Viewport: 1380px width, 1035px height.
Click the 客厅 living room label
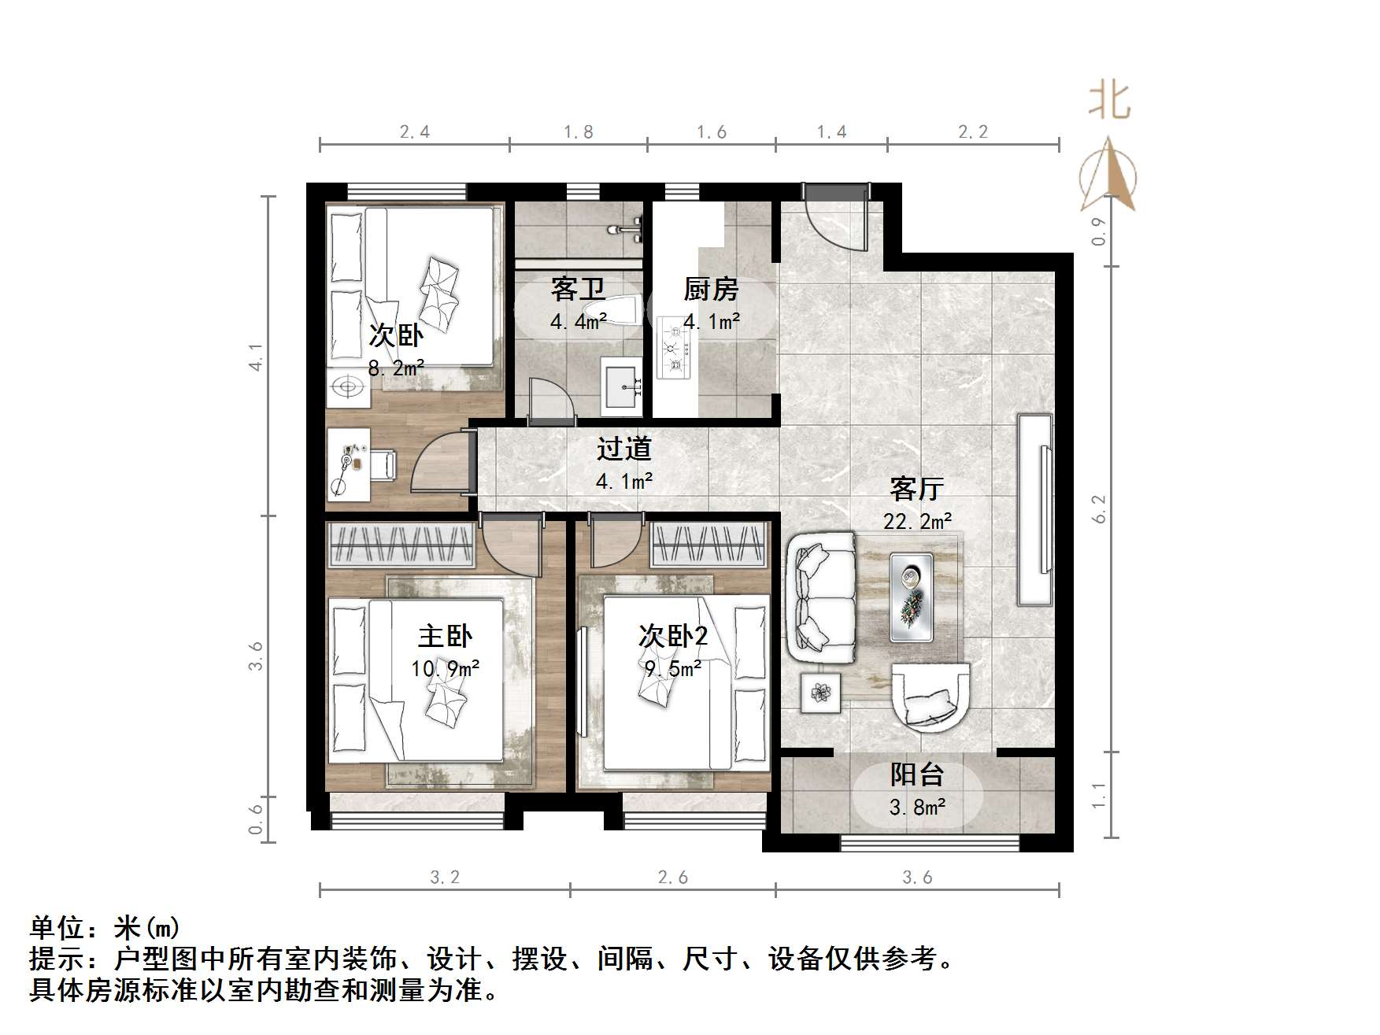click(917, 490)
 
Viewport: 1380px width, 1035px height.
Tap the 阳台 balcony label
click(917, 775)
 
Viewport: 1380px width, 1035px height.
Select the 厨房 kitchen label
click(711, 290)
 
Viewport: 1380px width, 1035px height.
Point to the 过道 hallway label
click(623, 449)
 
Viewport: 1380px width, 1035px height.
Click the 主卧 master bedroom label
click(445, 636)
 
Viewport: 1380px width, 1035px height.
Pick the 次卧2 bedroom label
click(672, 636)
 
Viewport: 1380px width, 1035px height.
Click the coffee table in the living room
click(912, 597)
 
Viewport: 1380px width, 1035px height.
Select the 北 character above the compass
click(1110, 102)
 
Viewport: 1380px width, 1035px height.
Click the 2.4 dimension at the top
click(415, 132)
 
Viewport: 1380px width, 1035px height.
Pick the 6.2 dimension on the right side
click(1100, 508)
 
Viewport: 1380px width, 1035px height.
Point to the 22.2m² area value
click(918, 521)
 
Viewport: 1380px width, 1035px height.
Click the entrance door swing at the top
click(835, 217)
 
